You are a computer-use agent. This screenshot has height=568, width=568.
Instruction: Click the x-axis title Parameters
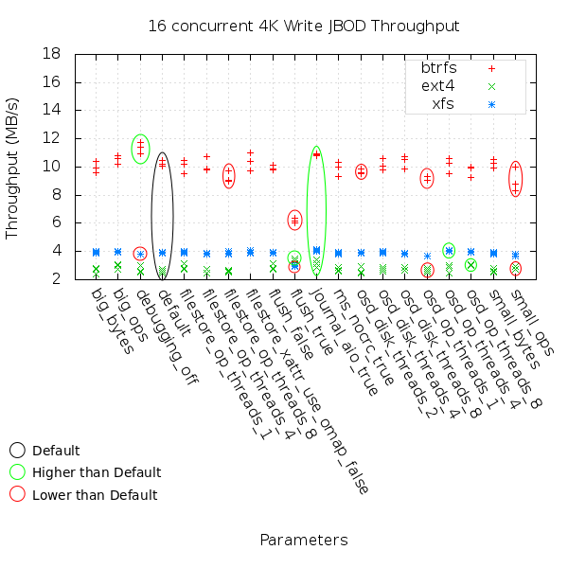point(303,541)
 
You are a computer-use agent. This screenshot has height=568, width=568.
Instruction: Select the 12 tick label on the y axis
point(54,138)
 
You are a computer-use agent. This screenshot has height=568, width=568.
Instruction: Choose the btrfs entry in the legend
point(439,68)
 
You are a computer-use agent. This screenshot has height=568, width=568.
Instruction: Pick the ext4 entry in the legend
point(441,86)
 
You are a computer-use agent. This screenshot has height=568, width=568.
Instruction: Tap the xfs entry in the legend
point(442,103)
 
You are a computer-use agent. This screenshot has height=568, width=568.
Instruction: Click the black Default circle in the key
point(18,451)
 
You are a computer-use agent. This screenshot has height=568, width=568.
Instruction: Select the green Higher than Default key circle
point(18,472)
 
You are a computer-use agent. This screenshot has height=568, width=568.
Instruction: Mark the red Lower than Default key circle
point(18,494)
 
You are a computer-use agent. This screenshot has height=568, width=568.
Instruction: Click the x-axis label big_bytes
point(113,323)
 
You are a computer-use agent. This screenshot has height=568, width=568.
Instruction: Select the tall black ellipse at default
point(162,214)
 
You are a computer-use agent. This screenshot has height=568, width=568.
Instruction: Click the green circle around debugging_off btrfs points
point(140,149)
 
